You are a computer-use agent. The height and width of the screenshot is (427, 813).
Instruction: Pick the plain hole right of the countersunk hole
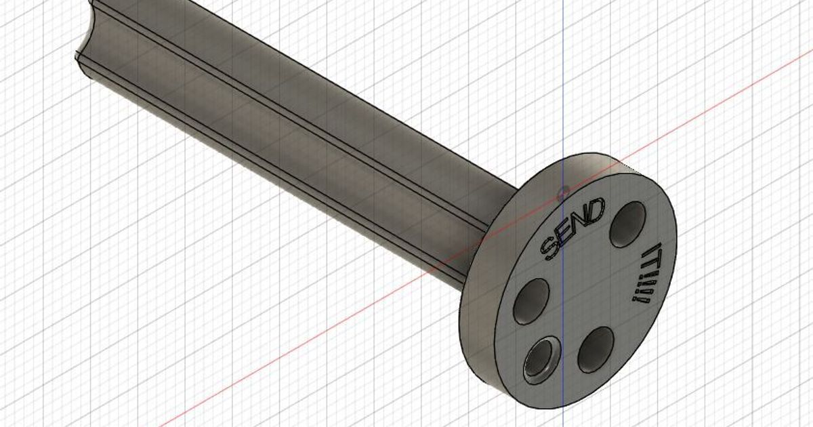597,348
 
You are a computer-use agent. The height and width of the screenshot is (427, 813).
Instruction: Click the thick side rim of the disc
478,352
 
